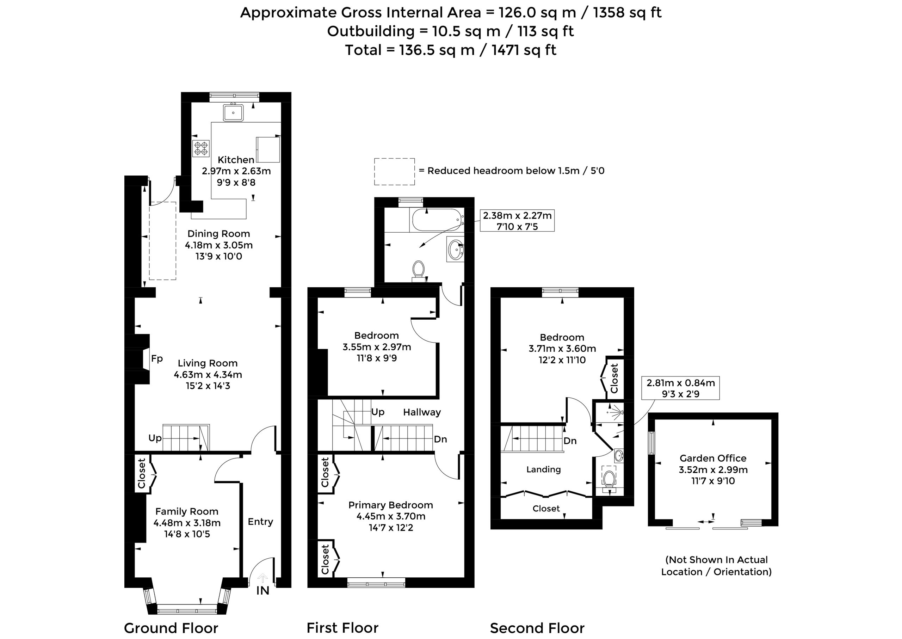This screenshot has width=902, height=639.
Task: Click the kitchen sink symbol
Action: pos(233,112)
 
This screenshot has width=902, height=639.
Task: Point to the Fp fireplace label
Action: pos(157,358)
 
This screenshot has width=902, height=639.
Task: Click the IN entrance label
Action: pos(263,591)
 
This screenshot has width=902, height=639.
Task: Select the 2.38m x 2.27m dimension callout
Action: pos(517,221)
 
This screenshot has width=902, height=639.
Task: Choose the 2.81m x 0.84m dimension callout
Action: pos(680,388)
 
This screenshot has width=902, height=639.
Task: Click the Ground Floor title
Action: pos(171,628)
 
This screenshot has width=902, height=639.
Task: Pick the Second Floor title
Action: pos(537,628)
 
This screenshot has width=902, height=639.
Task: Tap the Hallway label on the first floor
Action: pos(422,412)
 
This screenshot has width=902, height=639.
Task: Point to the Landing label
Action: pos(544,469)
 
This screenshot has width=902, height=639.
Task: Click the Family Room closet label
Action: pos(142,474)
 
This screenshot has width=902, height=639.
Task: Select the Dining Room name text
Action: pos(219,234)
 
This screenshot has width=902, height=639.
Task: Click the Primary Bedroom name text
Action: pos(391,505)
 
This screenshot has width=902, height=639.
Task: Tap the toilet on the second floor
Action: pos(610,480)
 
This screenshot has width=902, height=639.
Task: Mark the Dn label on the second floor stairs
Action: pos(570,441)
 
